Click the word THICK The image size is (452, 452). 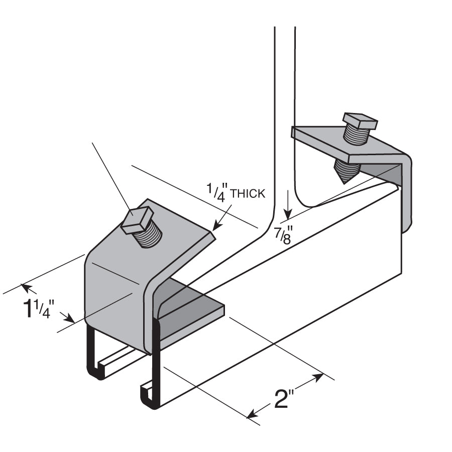click(247, 194)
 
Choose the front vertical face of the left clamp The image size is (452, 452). click(113, 296)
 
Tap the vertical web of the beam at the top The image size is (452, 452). click(284, 100)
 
